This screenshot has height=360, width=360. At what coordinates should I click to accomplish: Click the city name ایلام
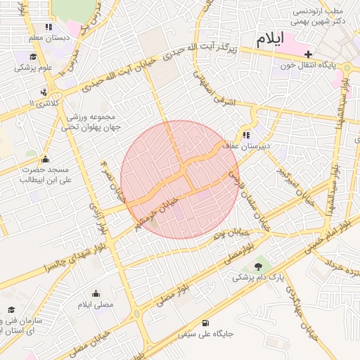[x=270, y=39]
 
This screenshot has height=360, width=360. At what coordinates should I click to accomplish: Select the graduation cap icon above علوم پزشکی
[x=33, y=56]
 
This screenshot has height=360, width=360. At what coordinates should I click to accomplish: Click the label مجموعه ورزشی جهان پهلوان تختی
[x=92, y=122]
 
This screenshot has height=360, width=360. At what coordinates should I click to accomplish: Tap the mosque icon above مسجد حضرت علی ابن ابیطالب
[x=46, y=159]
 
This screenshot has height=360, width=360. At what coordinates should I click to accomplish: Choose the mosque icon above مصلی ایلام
[x=96, y=293]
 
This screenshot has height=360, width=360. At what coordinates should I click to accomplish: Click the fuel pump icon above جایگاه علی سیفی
[x=205, y=323]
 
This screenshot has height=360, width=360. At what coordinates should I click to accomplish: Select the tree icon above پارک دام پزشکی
[x=259, y=266]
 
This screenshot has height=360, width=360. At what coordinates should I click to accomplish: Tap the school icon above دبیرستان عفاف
[x=246, y=136]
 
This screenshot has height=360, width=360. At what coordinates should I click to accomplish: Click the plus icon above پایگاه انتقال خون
[x=308, y=54]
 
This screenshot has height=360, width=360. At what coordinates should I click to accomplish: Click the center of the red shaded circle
[x=180, y=179]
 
